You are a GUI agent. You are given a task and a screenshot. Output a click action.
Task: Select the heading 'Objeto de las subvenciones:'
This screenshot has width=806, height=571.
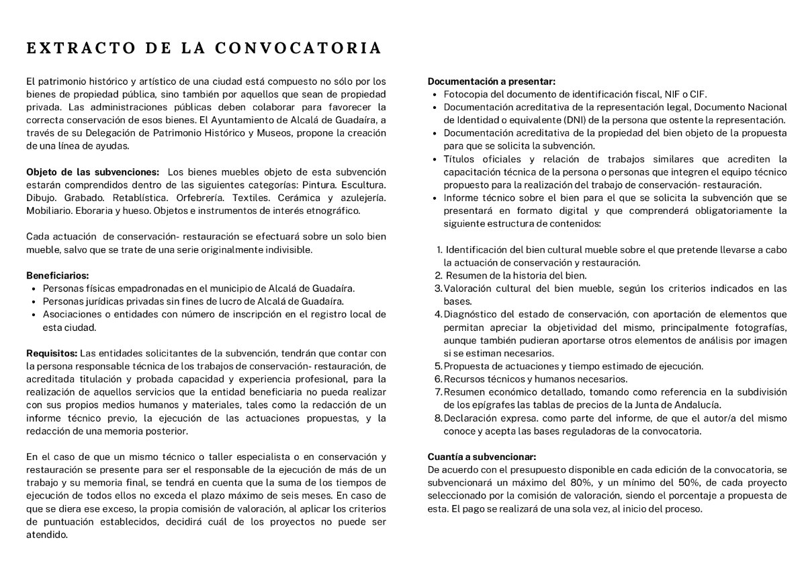[x=93, y=172]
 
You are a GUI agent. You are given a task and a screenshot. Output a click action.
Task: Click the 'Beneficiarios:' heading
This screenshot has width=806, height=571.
[x=57, y=276]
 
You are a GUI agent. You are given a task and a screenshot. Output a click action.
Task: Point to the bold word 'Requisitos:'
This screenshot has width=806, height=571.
[x=52, y=353]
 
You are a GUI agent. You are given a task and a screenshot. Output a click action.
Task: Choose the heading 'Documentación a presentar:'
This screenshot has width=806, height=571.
[x=492, y=81]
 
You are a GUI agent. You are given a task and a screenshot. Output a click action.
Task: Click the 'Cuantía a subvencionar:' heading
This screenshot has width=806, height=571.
[x=482, y=456]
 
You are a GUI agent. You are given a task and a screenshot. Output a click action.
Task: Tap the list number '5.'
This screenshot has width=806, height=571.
[x=439, y=367]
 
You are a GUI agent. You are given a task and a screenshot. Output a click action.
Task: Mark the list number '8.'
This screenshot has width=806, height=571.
[x=439, y=418]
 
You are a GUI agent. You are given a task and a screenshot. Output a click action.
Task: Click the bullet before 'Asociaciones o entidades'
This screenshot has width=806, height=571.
[x=34, y=314]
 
